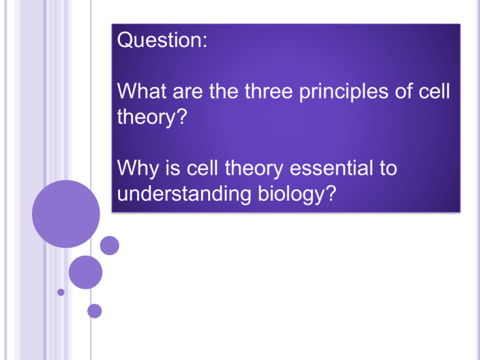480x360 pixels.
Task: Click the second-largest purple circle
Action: (86, 272)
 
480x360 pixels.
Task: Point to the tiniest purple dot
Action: (61, 292)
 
